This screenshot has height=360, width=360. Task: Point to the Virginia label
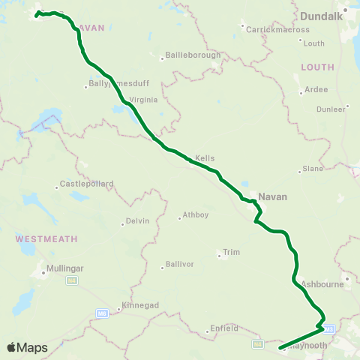pyautogui.click(x=142, y=99)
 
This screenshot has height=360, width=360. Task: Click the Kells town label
pyautogui.click(x=205, y=158)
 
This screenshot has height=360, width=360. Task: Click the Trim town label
pyautogui.click(x=231, y=252)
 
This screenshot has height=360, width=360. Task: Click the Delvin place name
pyautogui.click(x=138, y=221)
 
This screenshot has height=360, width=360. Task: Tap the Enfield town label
pyautogui.click(x=224, y=328)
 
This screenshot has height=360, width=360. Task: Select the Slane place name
pyautogui.click(x=312, y=168)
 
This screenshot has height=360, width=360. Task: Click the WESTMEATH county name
pyautogui.click(x=46, y=238)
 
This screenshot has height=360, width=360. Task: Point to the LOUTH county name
pyautogui.click(x=317, y=67)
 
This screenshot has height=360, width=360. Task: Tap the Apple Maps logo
pyautogui.click(x=27, y=347)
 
